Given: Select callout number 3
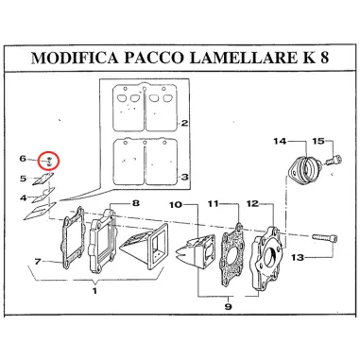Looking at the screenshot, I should coord(185,177).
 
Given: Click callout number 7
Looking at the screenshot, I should coord(36,261).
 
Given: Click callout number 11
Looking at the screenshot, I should coord(214,204).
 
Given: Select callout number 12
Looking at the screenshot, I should coord(251,204).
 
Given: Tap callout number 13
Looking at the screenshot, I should coord(322,257).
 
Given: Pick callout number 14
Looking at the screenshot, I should coord(280,142).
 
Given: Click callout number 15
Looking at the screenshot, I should coord(317,142).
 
